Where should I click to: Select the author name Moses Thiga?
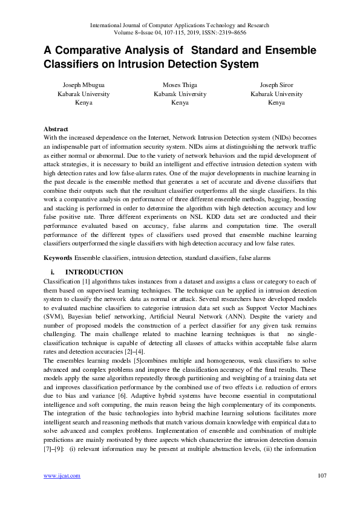point(180,85)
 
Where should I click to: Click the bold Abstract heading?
point(56,129)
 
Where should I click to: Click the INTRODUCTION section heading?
point(94,273)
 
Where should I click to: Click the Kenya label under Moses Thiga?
point(180,103)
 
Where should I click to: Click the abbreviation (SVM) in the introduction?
point(56,316)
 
